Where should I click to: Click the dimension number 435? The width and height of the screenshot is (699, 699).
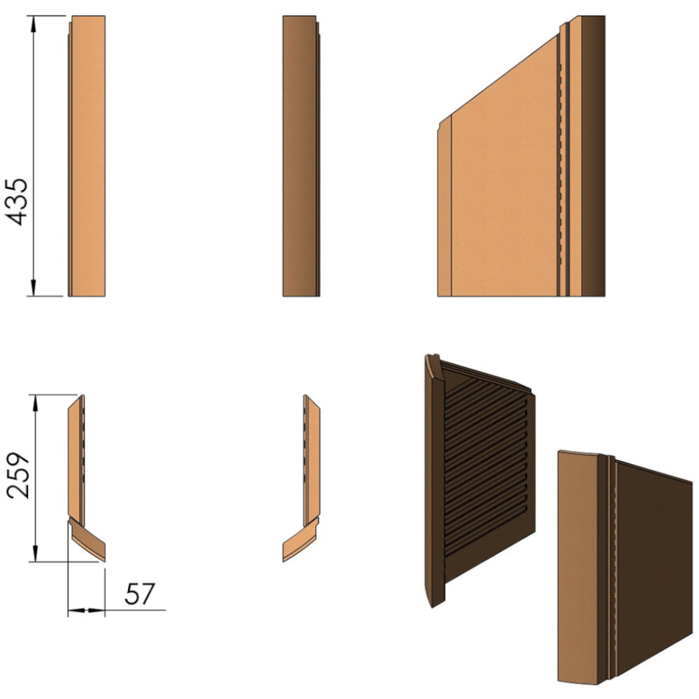pyautogui.click(x=17, y=202)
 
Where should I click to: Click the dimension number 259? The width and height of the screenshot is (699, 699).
pyautogui.click(x=18, y=475)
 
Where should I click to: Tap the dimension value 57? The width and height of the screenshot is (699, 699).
pyautogui.click(x=140, y=593)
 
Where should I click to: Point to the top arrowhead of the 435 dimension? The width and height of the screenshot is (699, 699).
pyautogui.click(x=33, y=24)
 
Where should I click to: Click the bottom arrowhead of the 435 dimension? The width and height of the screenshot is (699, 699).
pyautogui.click(x=34, y=287)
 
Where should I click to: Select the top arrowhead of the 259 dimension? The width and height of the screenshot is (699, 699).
pyautogui.click(x=35, y=403)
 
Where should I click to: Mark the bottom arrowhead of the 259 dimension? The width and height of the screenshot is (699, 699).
pyautogui.click(x=35, y=553)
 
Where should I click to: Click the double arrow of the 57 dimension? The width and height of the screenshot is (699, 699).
pyautogui.click(x=87, y=610)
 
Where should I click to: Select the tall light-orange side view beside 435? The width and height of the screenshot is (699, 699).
pyautogui.click(x=87, y=156)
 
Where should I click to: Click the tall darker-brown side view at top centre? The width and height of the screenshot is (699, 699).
pyautogui.click(x=301, y=156)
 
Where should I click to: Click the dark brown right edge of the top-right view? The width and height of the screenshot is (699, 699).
pyautogui.click(x=593, y=156)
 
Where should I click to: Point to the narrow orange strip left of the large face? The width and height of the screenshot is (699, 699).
pyautogui.click(x=445, y=210)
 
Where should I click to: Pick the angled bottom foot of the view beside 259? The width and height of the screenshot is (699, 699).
pyautogui.click(x=88, y=540)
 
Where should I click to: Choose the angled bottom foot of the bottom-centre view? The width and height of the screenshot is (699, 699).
pyautogui.click(x=301, y=540)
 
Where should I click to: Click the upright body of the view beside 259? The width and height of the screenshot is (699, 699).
pyautogui.click(x=76, y=460)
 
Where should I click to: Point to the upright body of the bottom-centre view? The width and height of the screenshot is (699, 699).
pyautogui.click(x=312, y=460)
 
